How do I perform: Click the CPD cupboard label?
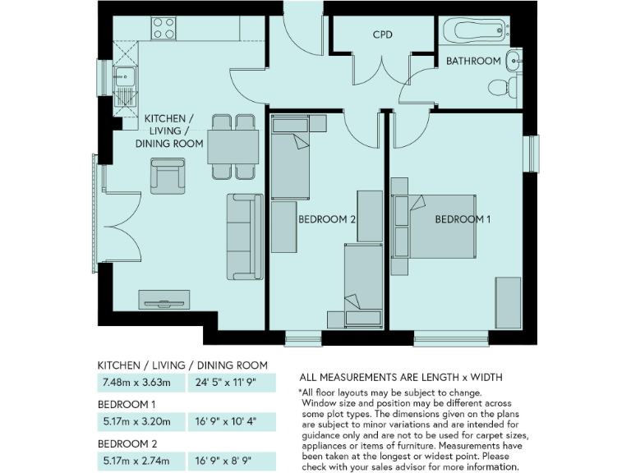point(382,34)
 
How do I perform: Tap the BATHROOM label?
point(473,61)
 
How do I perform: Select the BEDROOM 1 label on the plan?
point(463,219)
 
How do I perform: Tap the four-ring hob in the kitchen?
point(164,29)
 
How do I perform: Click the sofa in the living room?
point(245,236)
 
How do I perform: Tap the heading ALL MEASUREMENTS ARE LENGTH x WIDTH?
point(401,377)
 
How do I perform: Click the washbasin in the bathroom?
point(513,59)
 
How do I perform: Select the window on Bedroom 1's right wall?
point(533,153)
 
